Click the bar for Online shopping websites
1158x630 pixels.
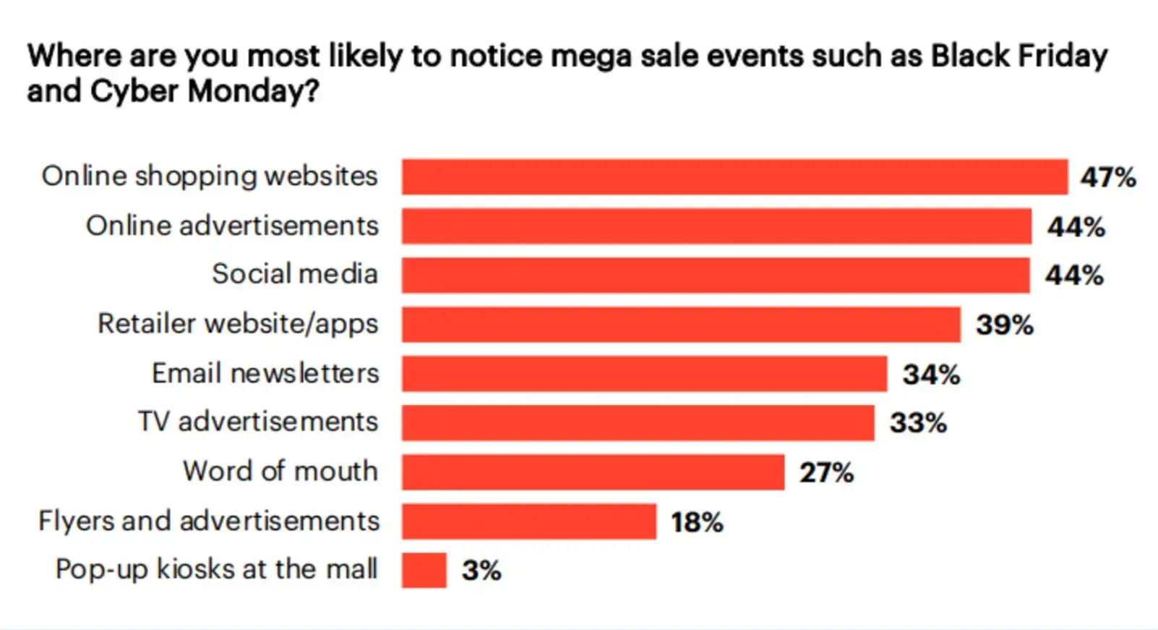coord(734,177)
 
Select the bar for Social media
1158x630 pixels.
coord(716,276)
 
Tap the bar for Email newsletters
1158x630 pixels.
coord(644,374)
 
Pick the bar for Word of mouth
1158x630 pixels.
coord(593,472)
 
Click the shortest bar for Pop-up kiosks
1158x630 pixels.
coord(424,570)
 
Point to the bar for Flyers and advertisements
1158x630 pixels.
coord(529,522)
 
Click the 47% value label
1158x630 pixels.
coord(1107,177)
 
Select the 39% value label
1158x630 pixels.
coord(1004,325)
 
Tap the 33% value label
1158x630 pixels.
coord(918,423)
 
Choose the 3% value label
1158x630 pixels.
coord(481,571)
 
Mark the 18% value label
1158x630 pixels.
coord(697,522)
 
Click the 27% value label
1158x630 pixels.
coord(826,473)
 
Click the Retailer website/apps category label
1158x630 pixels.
coord(238,324)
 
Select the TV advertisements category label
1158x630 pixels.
coord(258,422)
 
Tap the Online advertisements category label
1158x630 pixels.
coord(232,226)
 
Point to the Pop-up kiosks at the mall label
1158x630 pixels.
coord(216,569)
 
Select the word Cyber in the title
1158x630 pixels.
coord(134,91)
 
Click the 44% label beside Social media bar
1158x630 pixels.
coord(1074,276)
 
